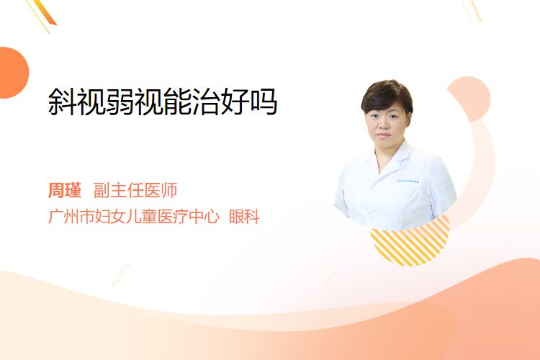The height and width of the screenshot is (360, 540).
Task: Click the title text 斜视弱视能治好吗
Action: (163, 102)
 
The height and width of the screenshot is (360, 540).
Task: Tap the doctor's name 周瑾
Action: (65, 190)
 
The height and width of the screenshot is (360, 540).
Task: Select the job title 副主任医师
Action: (135, 190)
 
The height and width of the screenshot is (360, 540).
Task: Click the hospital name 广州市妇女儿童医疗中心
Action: (134, 216)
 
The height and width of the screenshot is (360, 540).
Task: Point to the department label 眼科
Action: (244, 216)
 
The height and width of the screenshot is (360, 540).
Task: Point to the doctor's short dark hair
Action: (387, 96)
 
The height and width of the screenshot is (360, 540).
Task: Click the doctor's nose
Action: (383, 127)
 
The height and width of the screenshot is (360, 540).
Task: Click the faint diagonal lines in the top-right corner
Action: (472, 9)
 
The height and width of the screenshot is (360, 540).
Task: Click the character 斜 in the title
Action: (62, 102)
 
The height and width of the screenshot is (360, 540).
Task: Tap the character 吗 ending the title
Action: (264, 102)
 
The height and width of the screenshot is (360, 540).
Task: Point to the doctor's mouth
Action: (383, 135)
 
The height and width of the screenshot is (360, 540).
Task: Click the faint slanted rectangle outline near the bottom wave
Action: (121, 274)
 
